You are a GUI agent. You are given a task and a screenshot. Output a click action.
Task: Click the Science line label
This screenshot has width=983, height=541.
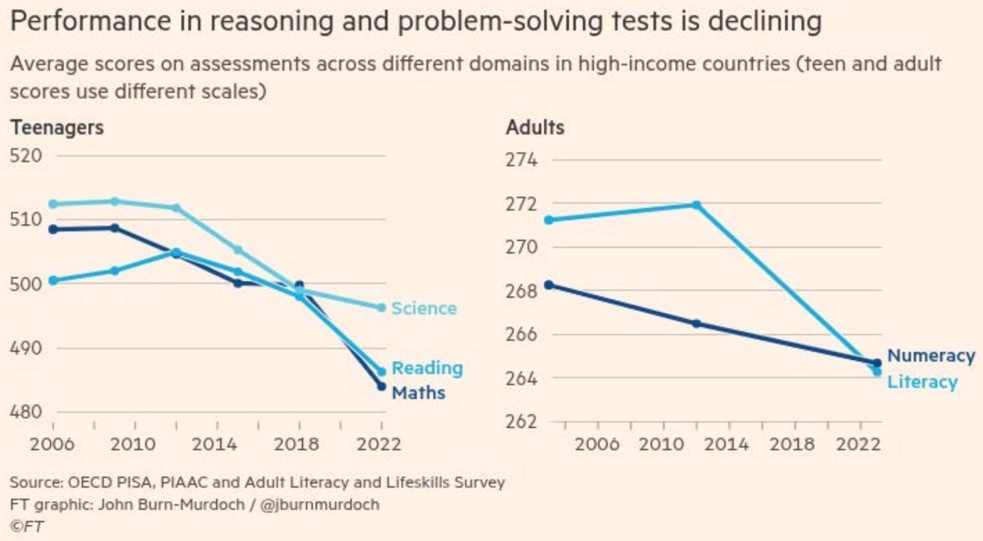click(424, 308)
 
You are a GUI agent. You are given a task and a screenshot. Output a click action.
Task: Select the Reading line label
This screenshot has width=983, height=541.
click(427, 369)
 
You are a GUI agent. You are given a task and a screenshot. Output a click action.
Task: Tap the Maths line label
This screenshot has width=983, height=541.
click(418, 393)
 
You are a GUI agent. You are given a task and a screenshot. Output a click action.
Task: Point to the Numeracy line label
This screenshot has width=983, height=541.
click(930, 356)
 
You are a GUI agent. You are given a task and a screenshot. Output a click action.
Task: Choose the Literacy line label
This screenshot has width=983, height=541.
click(922, 382)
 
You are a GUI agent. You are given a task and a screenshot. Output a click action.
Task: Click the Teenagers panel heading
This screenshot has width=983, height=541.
click(57, 128)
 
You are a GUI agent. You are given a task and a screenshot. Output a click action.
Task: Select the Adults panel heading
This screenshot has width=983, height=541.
click(535, 128)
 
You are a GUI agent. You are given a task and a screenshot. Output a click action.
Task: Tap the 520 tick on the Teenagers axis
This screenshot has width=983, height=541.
click(27, 156)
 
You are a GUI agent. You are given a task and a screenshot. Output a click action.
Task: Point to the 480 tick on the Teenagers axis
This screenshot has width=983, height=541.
click(27, 412)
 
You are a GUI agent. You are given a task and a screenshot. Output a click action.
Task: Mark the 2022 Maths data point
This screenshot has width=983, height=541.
click(381, 386)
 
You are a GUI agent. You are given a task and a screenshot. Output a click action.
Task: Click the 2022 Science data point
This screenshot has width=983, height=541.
click(381, 308)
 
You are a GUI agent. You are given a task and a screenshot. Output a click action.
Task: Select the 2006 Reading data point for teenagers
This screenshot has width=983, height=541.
click(53, 281)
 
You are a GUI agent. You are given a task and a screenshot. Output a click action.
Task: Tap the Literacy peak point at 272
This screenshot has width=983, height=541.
click(696, 205)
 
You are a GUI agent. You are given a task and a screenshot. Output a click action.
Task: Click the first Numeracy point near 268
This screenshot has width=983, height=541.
click(549, 285)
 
